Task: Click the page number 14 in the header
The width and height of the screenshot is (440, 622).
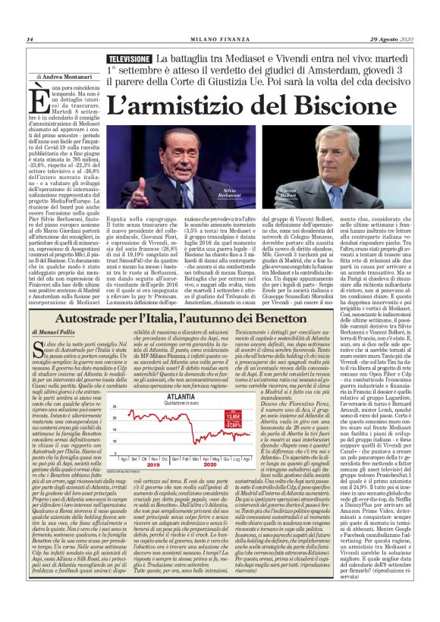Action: [30, 40]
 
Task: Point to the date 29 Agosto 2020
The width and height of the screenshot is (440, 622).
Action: [392, 40]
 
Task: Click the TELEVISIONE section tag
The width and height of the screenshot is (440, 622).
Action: [129, 59]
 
